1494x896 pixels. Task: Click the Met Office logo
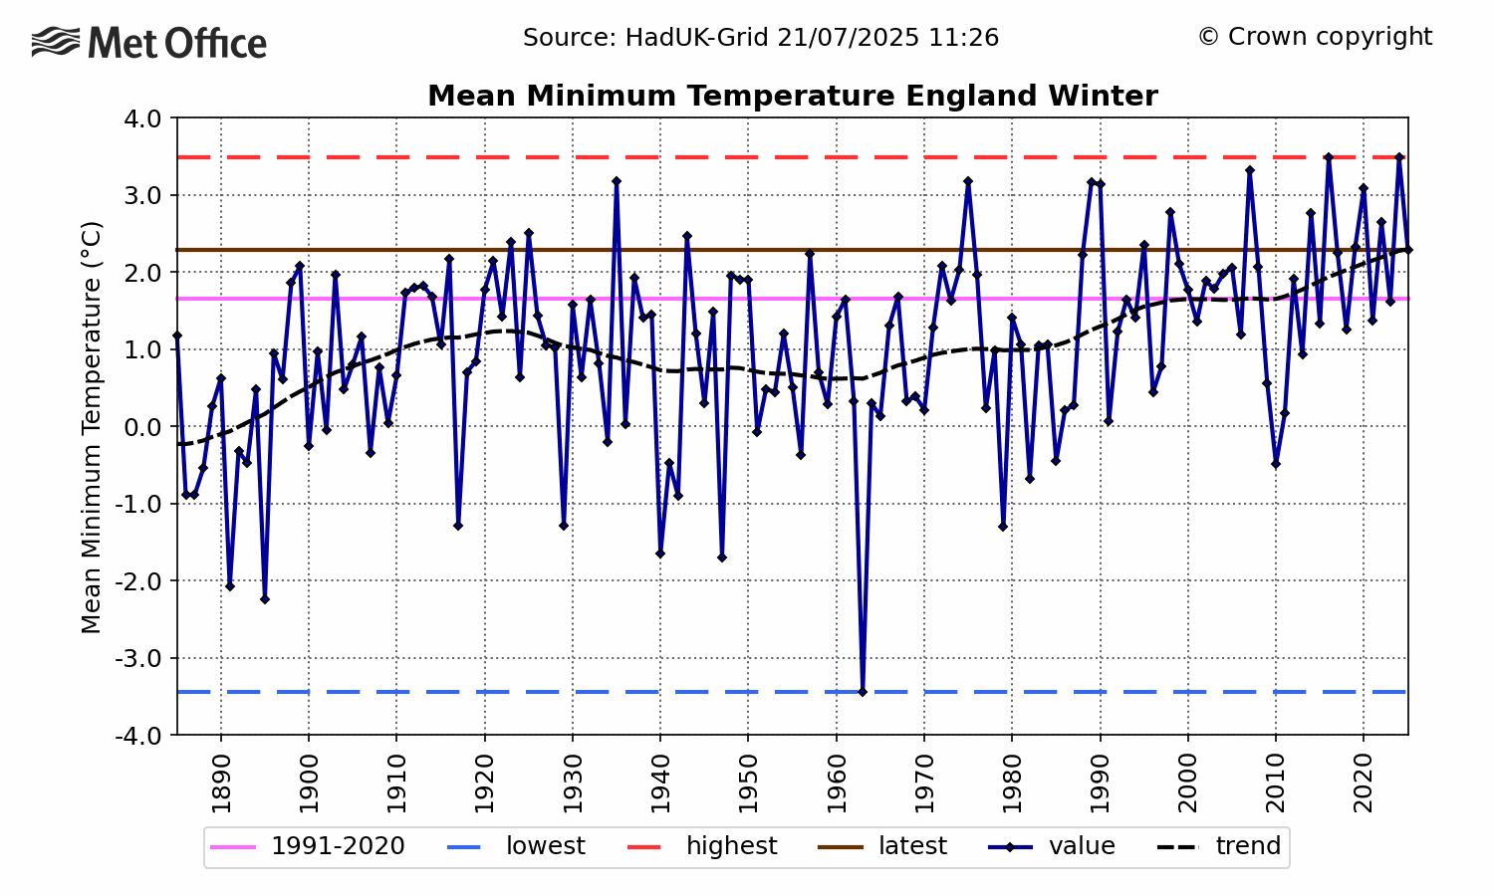(149, 43)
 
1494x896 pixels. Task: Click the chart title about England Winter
(792, 97)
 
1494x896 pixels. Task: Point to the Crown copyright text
(1315, 37)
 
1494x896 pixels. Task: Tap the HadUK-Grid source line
(761, 38)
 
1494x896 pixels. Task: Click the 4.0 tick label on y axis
(143, 118)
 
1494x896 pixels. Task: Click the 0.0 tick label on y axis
(143, 427)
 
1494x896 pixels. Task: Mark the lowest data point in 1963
(863, 691)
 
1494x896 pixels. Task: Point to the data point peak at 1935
(617, 181)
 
